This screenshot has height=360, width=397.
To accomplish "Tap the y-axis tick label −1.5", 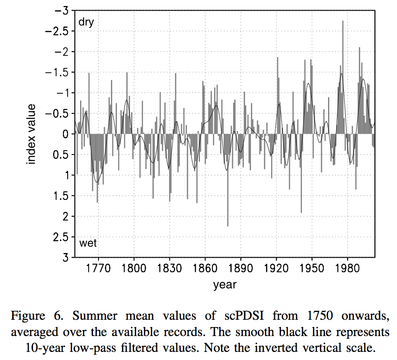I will [57, 72].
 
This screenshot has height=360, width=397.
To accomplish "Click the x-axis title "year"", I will [225, 285].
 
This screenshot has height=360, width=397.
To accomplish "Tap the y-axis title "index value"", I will [32, 134].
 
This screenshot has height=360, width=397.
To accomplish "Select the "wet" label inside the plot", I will [88, 244].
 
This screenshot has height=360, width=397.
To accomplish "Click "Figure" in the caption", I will [28, 316].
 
